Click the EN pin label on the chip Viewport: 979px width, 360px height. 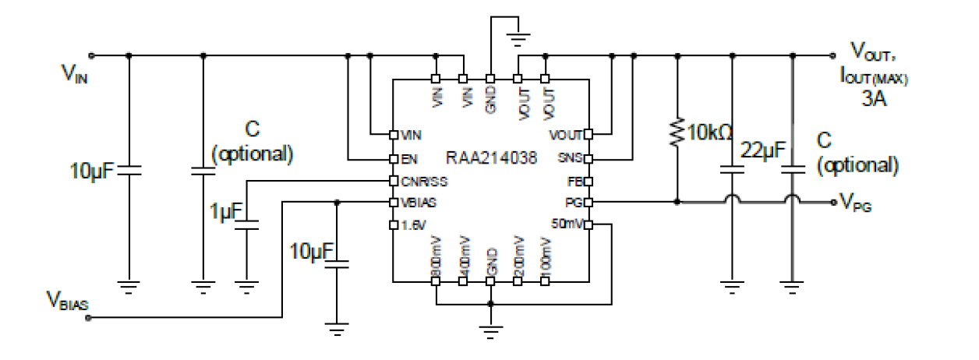406,159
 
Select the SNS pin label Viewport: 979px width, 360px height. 568,159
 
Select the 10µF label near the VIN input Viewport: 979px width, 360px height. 93,167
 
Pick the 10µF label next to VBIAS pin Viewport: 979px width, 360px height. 310,250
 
